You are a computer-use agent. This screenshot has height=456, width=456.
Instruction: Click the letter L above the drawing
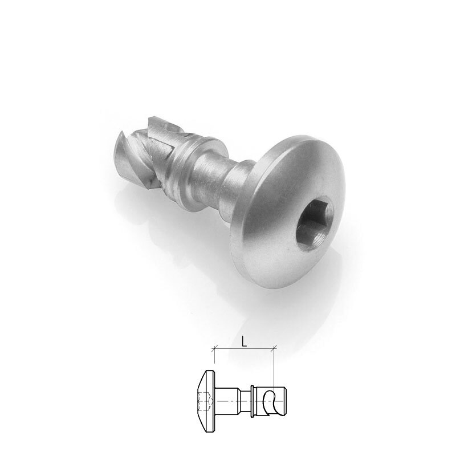pos(244,342)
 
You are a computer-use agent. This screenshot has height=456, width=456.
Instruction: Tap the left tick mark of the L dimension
pos(214,348)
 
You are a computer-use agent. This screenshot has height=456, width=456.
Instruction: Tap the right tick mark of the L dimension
pos(274,348)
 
